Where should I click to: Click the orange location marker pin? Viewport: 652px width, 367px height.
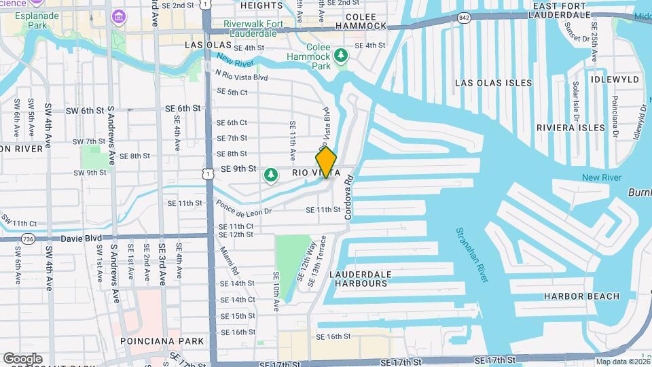(x=326, y=162)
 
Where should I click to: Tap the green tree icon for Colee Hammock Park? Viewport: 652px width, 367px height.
(x=343, y=54)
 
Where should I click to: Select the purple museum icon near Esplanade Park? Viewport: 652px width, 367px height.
(x=119, y=16)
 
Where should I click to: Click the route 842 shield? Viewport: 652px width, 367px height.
(x=464, y=17)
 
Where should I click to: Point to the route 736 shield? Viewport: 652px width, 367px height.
(x=27, y=239)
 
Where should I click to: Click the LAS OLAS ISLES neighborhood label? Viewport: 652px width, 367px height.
(x=494, y=83)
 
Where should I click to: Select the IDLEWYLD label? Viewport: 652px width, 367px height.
(x=615, y=80)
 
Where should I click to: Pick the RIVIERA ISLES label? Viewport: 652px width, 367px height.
(x=570, y=128)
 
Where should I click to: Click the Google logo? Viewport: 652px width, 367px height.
(x=22, y=358)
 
